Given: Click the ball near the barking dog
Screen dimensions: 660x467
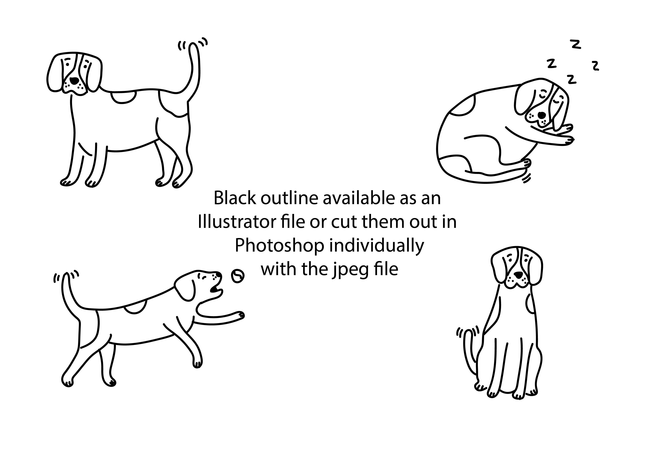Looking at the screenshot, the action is pyautogui.click(x=238, y=276).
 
